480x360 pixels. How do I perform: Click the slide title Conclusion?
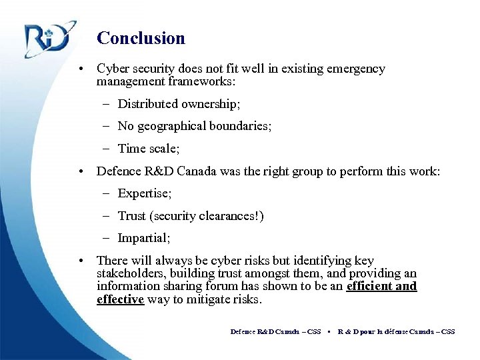point(141,38)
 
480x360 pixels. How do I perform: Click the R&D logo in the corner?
point(46,39)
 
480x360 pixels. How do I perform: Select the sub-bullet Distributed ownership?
point(179,104)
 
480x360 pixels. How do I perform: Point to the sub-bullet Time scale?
point(149,149)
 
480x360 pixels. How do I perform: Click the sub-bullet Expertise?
point(145,193)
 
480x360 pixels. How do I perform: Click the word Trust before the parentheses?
point(132,216)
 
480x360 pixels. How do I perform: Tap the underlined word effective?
point(120,299)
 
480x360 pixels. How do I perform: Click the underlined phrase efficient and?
point(381,286)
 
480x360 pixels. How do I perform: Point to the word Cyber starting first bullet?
point(112,69)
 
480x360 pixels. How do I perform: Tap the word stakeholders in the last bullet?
point(129,273)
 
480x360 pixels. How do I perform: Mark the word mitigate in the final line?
point(206,299)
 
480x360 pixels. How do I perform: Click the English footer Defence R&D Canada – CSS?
point(275,331)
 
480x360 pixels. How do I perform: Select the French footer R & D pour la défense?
point(373,331)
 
